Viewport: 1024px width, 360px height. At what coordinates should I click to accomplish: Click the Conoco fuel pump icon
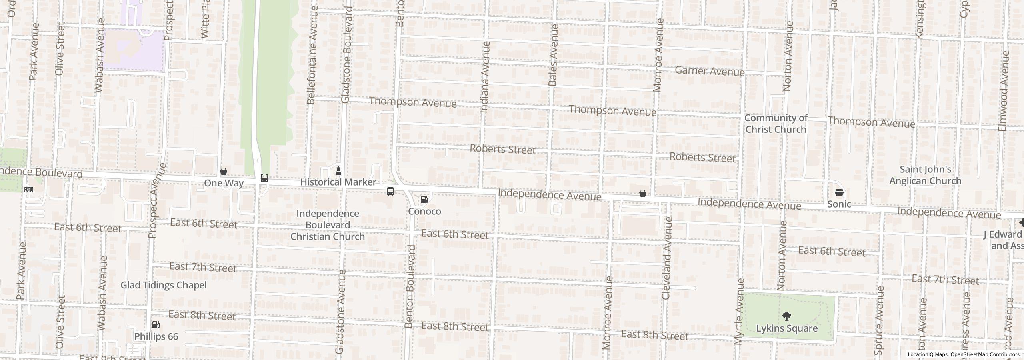424,199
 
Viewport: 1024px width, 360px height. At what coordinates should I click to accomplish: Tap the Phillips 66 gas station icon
156,325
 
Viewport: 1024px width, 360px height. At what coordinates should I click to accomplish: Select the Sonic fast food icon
839,192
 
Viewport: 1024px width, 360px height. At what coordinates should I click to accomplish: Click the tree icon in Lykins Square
786,316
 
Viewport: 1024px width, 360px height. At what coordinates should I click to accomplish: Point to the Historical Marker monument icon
338,171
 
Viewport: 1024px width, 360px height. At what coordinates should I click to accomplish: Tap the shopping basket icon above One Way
224,172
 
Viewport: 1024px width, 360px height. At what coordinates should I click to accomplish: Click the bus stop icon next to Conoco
390,192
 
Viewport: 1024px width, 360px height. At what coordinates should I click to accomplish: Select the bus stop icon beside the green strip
264,178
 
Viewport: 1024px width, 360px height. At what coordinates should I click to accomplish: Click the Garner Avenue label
709,71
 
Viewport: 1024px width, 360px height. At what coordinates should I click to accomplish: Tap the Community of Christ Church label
776,124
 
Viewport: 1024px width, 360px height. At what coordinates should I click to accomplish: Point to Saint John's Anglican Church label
925,175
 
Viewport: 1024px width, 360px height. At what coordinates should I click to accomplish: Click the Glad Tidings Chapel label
164,285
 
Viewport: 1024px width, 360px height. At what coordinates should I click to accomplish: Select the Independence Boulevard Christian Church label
327,225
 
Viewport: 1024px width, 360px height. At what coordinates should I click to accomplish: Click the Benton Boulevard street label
410,286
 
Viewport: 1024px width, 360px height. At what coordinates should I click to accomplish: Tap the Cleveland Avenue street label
666,258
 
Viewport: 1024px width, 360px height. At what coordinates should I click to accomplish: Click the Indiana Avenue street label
484,77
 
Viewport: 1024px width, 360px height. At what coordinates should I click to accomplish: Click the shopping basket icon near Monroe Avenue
642,194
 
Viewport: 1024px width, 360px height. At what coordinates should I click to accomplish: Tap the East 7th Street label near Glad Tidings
203,267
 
